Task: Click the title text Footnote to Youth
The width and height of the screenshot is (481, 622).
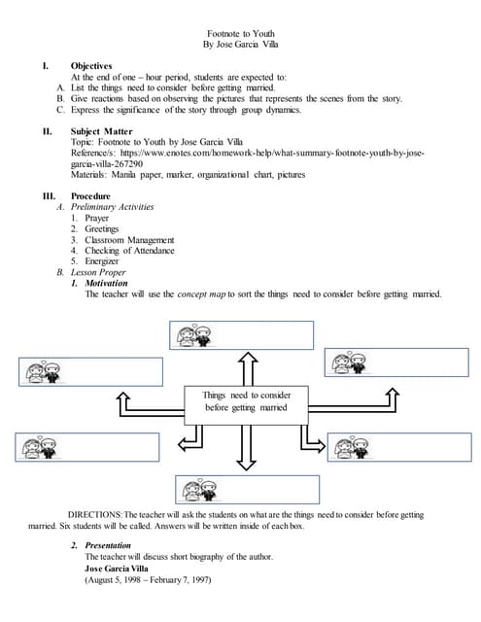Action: [241, 33]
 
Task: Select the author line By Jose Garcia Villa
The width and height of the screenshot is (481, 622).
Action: [241, 45]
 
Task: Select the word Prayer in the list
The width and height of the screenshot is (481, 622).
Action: [97, 219]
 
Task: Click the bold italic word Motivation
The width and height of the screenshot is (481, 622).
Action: [107, 283]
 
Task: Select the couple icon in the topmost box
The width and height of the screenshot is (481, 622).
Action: [191, 336]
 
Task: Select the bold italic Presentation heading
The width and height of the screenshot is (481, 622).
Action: [109, 546]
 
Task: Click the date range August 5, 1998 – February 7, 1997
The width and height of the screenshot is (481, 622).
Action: [148, 579]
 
